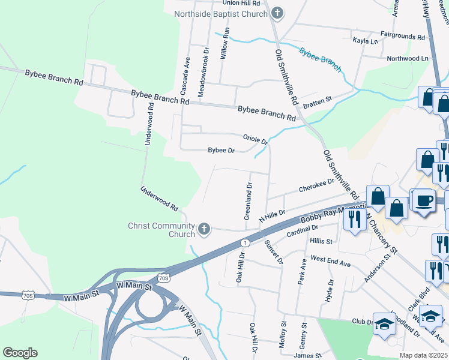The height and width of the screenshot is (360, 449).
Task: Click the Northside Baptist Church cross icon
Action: (277, 13)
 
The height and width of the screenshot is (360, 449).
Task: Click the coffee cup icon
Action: (424, 200)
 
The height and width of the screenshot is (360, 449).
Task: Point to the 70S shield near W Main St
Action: (164, 278)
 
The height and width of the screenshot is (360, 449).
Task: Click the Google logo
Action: (20, 353)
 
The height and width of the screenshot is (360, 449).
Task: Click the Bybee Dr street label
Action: (220, 151)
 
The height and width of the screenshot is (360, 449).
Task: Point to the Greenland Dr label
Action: (248, 205)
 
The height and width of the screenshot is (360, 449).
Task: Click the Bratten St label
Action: (318, 103)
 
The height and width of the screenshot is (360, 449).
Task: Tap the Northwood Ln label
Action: (408, 58)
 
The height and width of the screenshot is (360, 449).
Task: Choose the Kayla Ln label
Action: (366, 41)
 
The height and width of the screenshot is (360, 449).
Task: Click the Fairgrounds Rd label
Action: (402, 36)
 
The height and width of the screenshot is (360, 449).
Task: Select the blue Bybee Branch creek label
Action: (321, 59)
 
